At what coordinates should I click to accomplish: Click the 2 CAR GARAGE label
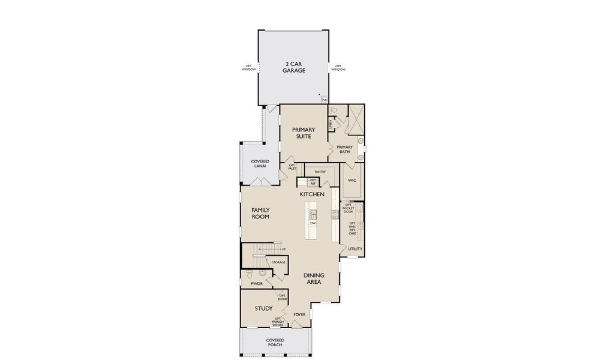(x=294, y=67)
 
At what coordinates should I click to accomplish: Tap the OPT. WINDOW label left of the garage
(x=249, y=68)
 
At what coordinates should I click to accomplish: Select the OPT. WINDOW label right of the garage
(x=338, y=68)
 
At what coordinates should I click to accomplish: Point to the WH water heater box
(x=324, y=100)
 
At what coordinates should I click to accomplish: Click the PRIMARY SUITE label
(x=303, y=133)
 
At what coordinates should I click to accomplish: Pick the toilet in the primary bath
(x=333, y=110)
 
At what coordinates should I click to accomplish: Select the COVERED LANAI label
(x=260, y=163)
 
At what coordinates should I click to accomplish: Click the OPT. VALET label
(x=292, y=167)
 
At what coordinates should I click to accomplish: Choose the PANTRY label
(x=320, y=172)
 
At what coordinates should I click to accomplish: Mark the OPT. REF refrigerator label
(x=312, y=182)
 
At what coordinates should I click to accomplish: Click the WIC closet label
(x=352, y=180)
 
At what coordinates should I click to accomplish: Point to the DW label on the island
(x=312, y=223)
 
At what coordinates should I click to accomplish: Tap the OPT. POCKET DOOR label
(x=348, y=208)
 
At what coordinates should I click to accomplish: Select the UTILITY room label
(x=355, y=248)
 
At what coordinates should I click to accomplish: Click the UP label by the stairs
(x=283, y=248)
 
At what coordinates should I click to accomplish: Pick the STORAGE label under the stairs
(x=278, y=262)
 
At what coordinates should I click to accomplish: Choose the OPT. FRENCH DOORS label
(x=278, y=322)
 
